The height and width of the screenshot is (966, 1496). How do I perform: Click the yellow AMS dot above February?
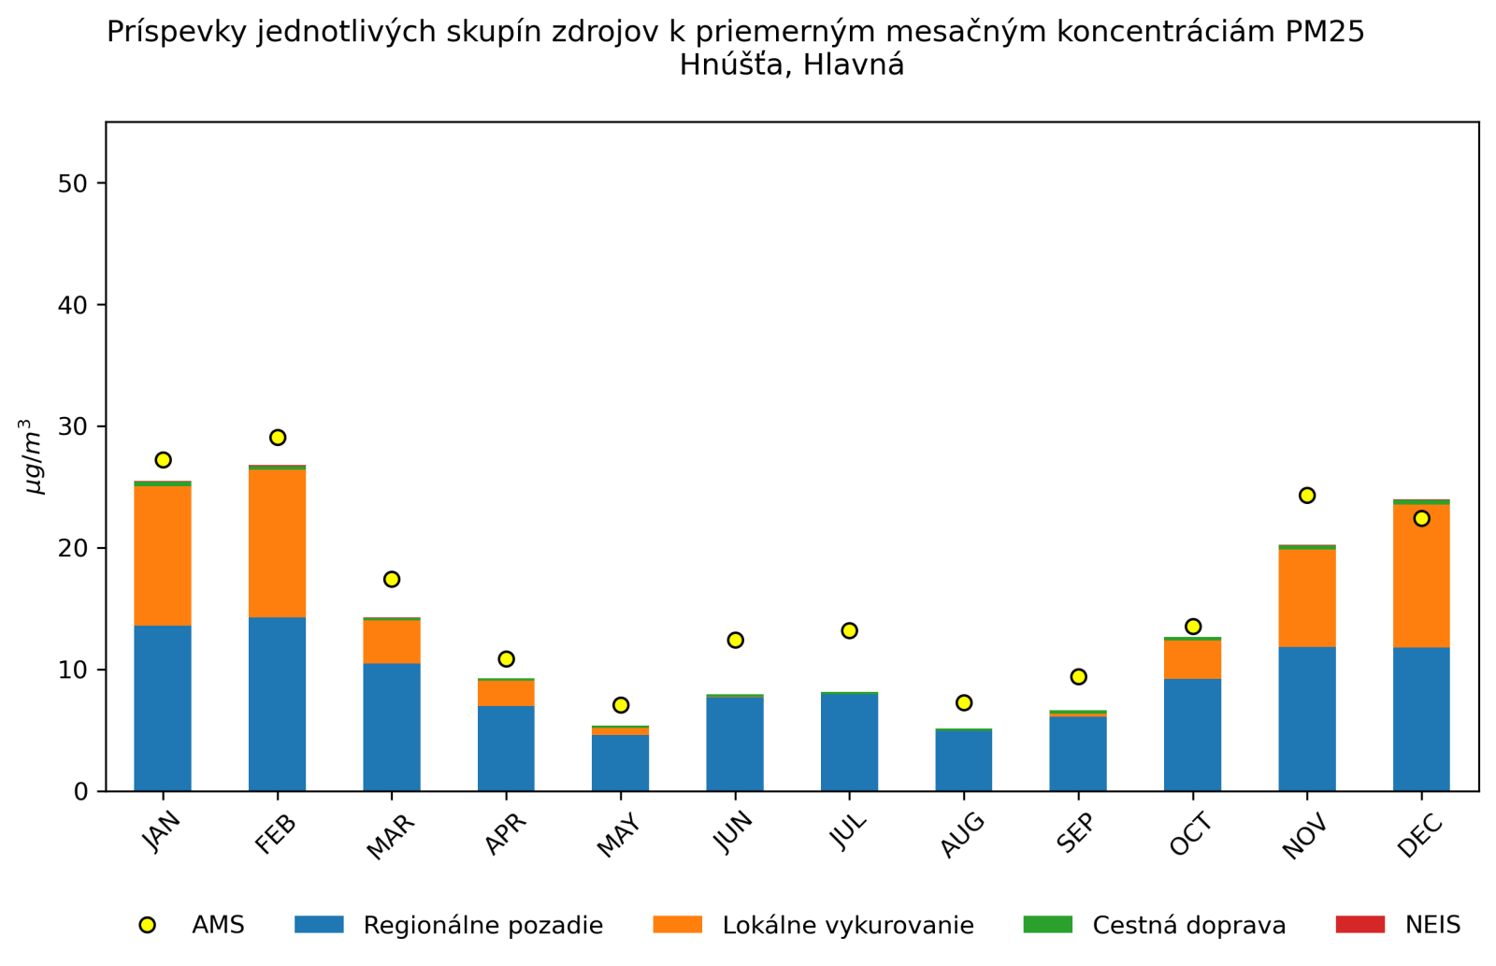pos(278,438)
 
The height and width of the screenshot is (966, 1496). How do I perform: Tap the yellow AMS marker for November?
pos(1307,496)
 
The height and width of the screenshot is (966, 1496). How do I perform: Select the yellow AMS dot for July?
pos(849,631)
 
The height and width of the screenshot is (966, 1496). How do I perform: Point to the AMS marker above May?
pos(621,705)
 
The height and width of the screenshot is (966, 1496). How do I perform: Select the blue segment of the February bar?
pos(278,703)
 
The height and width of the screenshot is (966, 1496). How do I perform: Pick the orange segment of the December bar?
pos(1421,576)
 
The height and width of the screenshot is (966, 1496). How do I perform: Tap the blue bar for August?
pos(964,760)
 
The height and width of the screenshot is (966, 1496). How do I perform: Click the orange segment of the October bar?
pos(1192,659)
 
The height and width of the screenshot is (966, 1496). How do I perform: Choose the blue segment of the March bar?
pos(392,727)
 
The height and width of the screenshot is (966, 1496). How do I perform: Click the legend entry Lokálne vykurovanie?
pos(847,926)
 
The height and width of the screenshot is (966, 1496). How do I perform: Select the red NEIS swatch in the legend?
pos(1359,925)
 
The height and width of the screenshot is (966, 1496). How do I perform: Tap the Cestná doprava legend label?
pos(1188,926)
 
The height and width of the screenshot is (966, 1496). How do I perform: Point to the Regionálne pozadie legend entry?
pos(482,926)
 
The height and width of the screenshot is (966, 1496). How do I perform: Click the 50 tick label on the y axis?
pos(72,183)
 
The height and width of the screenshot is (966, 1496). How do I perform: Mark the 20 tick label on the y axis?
pos(72,549)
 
